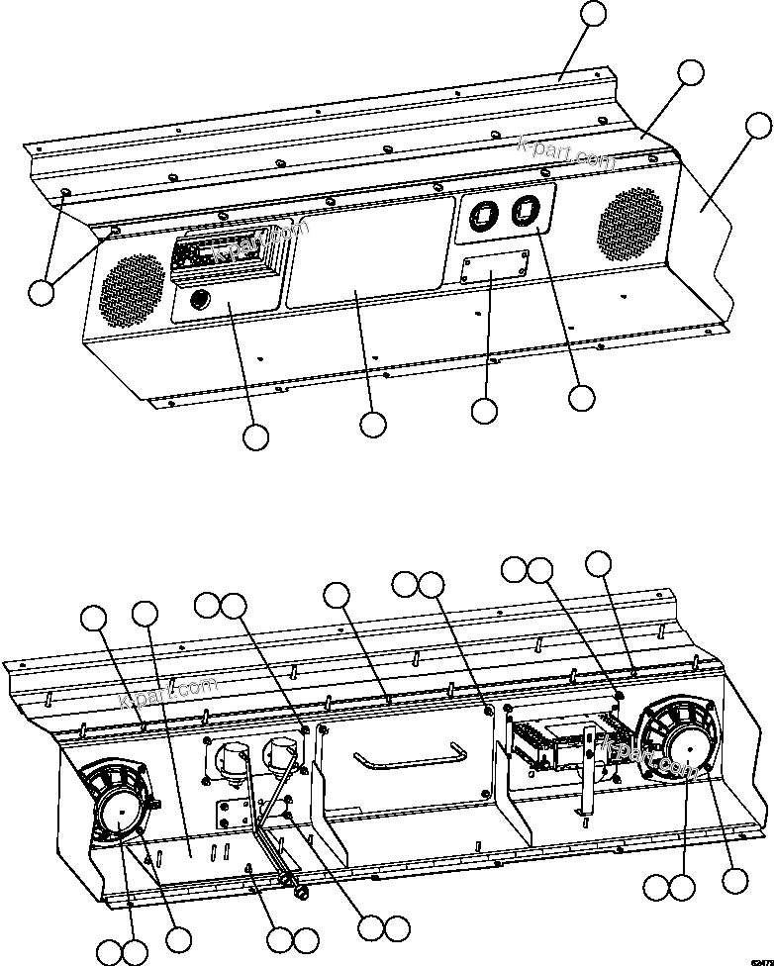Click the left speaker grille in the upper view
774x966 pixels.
tap(131, 292)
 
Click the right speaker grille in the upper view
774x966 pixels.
tap(629, 224)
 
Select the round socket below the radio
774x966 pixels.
tap(196, 298)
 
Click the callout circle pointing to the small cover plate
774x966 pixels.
tap(484, 411)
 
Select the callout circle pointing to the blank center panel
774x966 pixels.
tap(372, 425)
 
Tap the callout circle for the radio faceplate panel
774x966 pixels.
tap(255, 437)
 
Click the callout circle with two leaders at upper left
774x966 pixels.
tap(41, 292)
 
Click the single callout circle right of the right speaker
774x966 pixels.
tap(734, 880)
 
